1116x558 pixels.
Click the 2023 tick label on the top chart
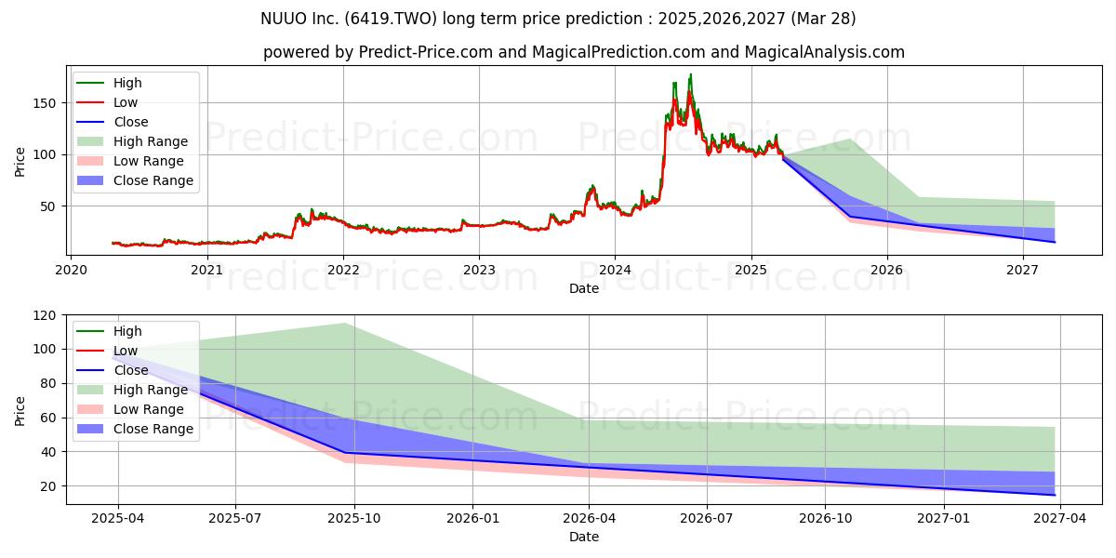click(x=479, y=270)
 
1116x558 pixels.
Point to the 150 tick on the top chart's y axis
click(x=44, y=103)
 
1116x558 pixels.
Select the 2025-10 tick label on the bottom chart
click(x=354, y=519)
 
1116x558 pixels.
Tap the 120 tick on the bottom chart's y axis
click(x=44, y=315)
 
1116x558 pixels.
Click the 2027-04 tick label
click(x=1059, y=519)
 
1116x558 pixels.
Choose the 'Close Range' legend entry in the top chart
click(x=135, y=180)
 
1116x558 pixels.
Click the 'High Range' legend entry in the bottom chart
click(x=132, y=390)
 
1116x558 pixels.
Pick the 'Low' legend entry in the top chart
click(x=107, y=102)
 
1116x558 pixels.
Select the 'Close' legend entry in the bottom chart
click(x=113, y=370)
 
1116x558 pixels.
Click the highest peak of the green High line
click(x=690, y=74)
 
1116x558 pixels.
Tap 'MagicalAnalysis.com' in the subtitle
click(x=825, y=52)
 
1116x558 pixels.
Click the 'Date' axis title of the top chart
click(x=584, y=288)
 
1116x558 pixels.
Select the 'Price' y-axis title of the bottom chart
click(x=20, y=411)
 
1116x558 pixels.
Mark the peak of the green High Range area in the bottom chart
click(x=344, y=324)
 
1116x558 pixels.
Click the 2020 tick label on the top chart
click(x=71, y=270)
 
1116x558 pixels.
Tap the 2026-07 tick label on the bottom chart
click(x=707, y=519)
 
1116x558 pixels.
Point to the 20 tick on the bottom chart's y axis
click(x=47, y=486)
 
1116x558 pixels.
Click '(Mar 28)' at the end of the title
click(x=823, y=19)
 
